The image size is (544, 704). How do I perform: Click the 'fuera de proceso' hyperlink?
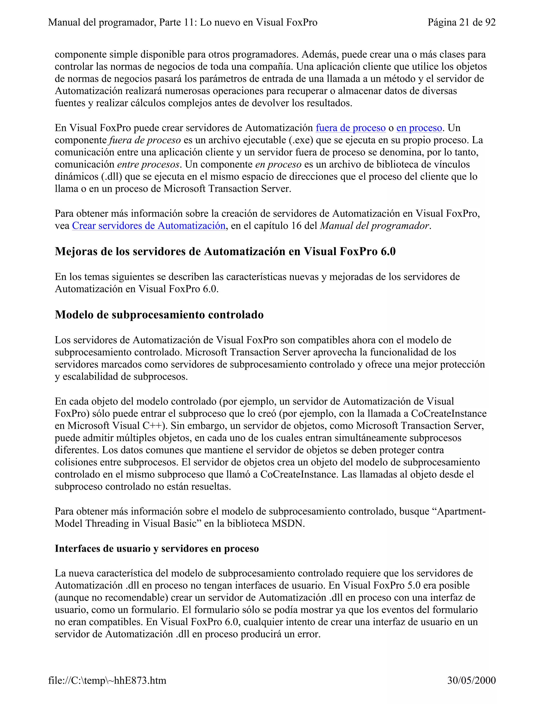350,128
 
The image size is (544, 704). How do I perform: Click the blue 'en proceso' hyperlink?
419,128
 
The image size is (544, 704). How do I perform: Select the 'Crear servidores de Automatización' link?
148,226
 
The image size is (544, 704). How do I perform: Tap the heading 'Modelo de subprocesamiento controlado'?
159,315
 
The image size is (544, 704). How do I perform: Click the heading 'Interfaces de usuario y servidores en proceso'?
157,549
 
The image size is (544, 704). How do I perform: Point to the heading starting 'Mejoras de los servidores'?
225,251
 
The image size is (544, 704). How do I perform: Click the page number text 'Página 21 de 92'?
461,22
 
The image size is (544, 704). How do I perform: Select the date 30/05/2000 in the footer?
471,680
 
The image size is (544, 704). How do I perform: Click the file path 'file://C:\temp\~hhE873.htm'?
107,680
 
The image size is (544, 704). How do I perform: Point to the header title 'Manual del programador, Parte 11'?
182,22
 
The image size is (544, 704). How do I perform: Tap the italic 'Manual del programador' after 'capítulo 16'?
374,226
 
